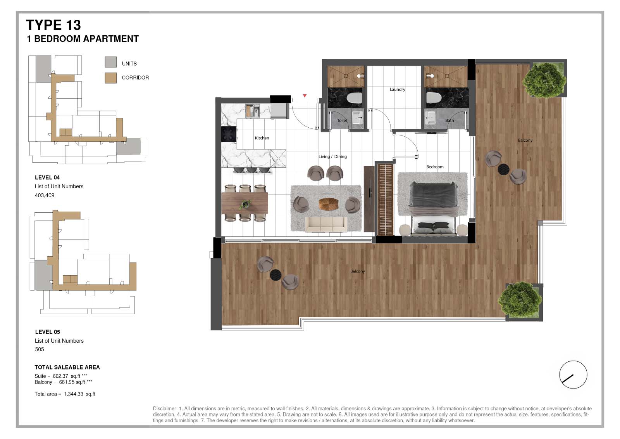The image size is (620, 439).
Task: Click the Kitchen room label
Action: [262, 138]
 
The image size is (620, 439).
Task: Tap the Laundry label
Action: [398, 89]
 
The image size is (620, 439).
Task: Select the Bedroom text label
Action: [435, 167]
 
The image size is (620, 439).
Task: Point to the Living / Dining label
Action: [332, 156]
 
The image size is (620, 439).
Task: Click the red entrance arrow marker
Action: [305, 95]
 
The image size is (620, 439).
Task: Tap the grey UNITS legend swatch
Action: [111, 62]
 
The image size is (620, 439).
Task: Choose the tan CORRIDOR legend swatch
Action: [111, 78]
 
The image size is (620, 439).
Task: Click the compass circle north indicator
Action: [573, 375]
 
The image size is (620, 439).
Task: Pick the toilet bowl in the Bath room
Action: [434, 98]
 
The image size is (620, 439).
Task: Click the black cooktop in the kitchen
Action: [229, 134]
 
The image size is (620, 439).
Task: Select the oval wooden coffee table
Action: [328, 204]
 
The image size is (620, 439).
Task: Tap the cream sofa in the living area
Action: [326, 224]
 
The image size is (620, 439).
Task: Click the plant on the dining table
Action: [245, 205]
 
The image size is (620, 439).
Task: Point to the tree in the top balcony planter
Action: [544, 80]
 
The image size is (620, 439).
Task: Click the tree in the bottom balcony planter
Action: [520, 300]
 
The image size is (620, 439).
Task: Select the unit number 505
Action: [40, 349]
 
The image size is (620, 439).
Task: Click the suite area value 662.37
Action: [60, 376]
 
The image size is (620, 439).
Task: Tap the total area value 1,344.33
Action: [73, 394]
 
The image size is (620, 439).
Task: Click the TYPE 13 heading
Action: [53, 25]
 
